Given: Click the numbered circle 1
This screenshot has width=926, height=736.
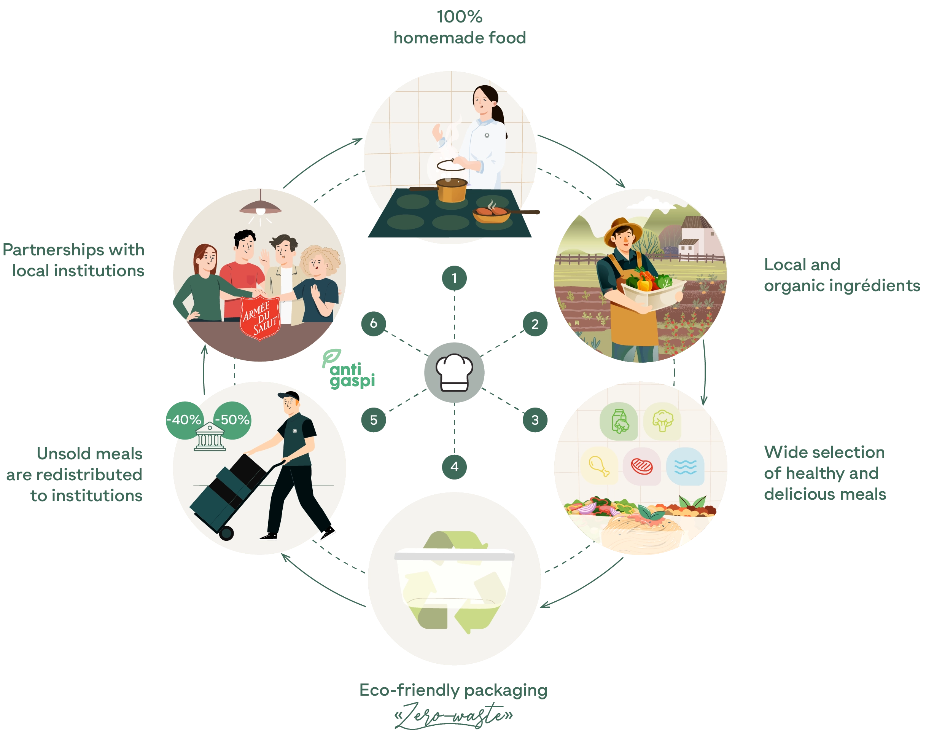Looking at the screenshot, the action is point(454,278).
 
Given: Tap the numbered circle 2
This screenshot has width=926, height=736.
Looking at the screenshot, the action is point(534,324).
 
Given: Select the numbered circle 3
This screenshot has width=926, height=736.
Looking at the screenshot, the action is point(534,420).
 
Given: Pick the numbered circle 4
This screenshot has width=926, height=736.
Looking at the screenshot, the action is point(454,466).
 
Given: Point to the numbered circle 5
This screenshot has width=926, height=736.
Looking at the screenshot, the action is point(373,420).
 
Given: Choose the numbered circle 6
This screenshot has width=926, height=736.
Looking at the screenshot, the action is point(373,323).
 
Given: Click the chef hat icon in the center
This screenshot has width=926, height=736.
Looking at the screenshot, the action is point(454,373).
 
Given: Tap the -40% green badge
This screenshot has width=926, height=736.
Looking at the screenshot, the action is point(184,420).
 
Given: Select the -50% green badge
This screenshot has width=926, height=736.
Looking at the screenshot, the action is point(232,420).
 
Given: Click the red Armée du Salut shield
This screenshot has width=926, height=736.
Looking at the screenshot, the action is point(260,317).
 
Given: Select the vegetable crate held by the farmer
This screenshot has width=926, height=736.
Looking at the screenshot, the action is point(653,292).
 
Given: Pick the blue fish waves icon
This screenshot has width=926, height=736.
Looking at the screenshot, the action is point(685,466).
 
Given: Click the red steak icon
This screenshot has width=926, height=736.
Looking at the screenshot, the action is point(642,466).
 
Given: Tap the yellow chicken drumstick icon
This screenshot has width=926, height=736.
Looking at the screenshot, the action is point(599,466).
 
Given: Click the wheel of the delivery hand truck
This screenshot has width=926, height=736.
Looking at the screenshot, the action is point(226,533).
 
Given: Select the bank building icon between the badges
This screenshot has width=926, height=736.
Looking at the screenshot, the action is point(210,437).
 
